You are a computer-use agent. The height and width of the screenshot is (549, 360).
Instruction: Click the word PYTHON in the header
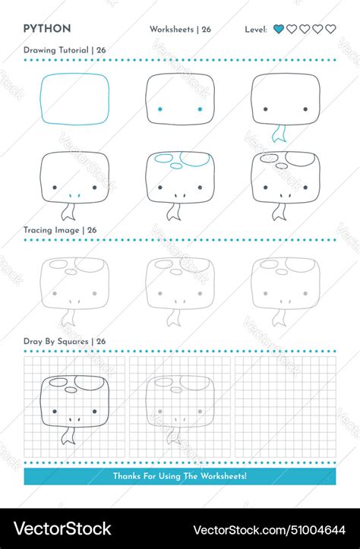pyautogui.click(x=47, y=29)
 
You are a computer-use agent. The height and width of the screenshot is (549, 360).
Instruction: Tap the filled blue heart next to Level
pyautogui.click(x=279, y=29)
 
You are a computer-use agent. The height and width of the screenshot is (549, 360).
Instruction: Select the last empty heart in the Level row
pyautogui.click(x=330, y=29)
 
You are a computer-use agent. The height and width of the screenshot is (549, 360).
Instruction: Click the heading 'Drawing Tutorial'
pyautogui.click(x=56, y=50)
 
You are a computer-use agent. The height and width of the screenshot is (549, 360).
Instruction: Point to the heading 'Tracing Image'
pyautogui.click(x=51, y=230)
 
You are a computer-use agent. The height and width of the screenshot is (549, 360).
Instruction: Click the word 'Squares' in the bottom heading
pyautogui.click(x=73, y=342)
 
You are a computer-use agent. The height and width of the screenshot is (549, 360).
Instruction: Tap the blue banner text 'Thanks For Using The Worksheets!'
pyautogui.click(x=180, y=476)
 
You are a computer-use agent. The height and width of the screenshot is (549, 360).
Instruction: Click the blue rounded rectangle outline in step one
pyautogui.click(x=40, y=99)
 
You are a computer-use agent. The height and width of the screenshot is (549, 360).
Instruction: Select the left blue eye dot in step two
pyautogui.click(x=160, y=109)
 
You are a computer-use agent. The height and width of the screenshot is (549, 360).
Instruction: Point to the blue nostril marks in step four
pyautogui.click(x=74, y=196)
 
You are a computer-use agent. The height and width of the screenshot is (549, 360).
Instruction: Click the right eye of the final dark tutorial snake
pyautogui.click(x=305, y=188)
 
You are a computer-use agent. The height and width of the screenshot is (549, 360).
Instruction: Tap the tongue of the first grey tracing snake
pyautogui.click(x=68, y=318)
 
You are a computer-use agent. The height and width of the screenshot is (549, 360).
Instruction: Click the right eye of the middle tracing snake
pyautogui.click(x=200, y=293)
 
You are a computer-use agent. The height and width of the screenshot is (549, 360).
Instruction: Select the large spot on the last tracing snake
pyautogui.click(x=301, y=265)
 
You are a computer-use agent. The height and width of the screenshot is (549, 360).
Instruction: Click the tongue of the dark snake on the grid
pyautogui.click(x=68, y=436)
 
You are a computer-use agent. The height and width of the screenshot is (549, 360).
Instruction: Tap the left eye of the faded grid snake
pyautogui.click(x=160, y=412)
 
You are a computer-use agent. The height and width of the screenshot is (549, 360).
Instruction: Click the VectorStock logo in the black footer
pyautogui.click(x=62, y=528)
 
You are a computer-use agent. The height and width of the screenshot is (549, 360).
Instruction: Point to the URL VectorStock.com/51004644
pyautogui.click(x=270, y=530)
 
